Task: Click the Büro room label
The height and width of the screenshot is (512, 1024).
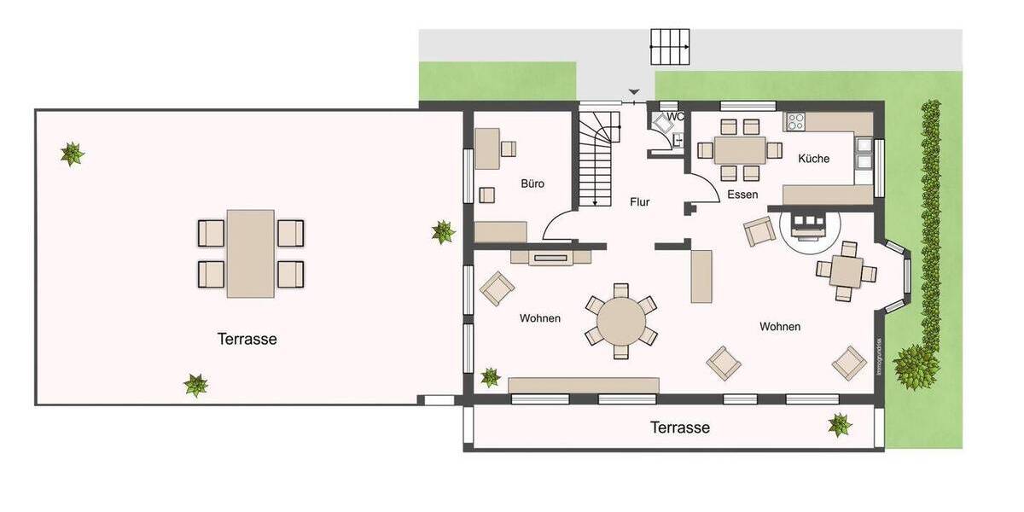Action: coord(532,183)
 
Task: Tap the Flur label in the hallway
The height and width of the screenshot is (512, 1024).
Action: coord(639,202)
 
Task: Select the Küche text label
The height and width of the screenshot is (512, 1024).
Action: coord(813,159)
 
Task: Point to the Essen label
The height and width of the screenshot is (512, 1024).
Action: coord(742,195)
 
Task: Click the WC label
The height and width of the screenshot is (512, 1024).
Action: coord(676,117)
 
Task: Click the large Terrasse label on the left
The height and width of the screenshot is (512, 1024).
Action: coord(247,339)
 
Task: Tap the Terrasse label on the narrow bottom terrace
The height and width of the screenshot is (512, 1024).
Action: coord(679,428)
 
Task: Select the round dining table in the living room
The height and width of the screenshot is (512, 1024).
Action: coord(621,321)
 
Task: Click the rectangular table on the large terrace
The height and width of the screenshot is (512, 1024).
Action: coord(251,253)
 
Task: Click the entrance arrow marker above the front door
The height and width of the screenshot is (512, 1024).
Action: coord(633,92)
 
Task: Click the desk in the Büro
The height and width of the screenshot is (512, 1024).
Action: coord(487,148)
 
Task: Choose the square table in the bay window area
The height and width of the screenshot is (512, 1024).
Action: coord(846,271)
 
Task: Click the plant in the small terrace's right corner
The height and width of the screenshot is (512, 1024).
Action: coord(840,424)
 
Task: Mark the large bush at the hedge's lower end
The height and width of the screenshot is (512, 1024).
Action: coord(916,364)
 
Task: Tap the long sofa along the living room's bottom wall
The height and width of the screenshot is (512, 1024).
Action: coord(583,385)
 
